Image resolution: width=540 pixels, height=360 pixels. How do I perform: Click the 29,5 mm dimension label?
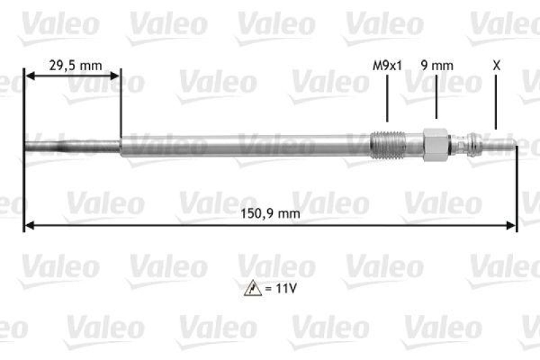coord(75,66)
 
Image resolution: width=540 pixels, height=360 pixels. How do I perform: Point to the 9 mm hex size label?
coord(437,66)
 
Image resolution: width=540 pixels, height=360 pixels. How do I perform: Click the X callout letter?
coord(496,66)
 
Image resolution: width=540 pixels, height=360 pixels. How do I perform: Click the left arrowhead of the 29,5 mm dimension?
coord(28,78)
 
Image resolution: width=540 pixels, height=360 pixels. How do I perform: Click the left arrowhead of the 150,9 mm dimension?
coord(28,226)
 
